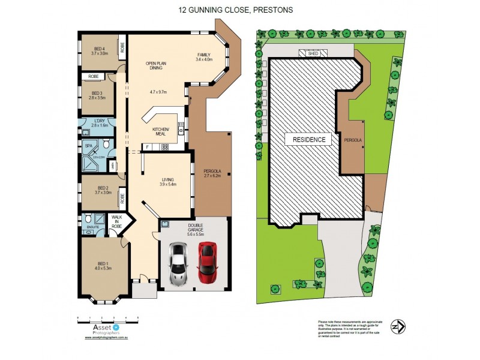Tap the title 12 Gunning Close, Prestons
(240, 10)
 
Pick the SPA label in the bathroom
(88, 145)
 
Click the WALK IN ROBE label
(116, 221)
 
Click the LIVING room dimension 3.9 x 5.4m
(167, 185)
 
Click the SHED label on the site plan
(313, 53)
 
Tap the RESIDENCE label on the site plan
(309, 140)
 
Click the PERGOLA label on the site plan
(352, 139)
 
